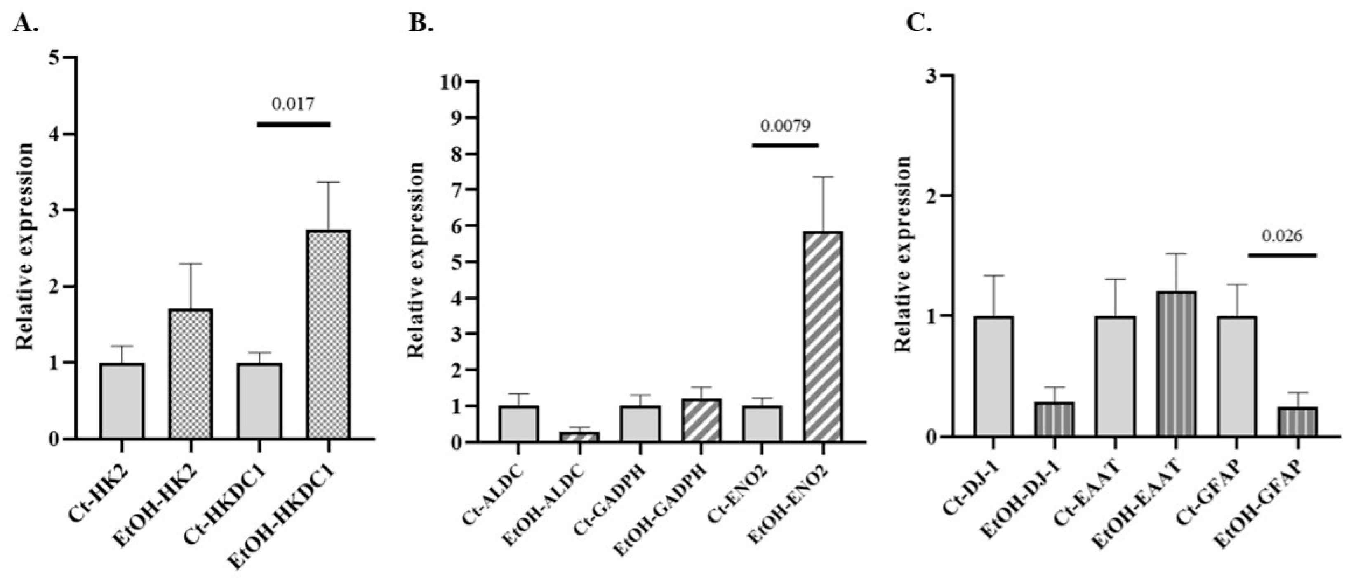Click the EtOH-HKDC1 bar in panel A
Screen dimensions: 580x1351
[x=328, y=334]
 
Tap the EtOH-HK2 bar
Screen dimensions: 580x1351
[x=191, y=374]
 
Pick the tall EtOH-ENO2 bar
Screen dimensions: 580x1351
[x=822, y=336]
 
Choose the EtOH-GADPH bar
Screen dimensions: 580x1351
[x=701, y=420]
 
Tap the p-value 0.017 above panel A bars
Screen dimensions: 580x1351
[x=293, y=104]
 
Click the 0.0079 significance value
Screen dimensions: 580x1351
[x=785, y=126]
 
